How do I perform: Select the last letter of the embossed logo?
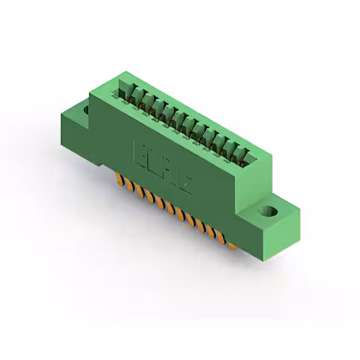[x=186, y=182]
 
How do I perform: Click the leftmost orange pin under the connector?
[x=119, y=180]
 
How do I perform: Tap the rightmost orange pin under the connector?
[x=231, y=245]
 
